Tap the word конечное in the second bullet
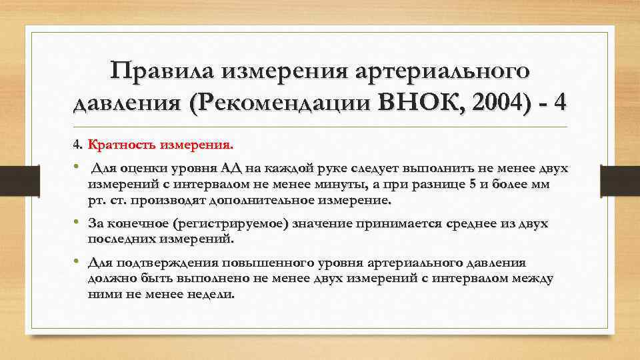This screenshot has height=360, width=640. pos(139,224)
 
